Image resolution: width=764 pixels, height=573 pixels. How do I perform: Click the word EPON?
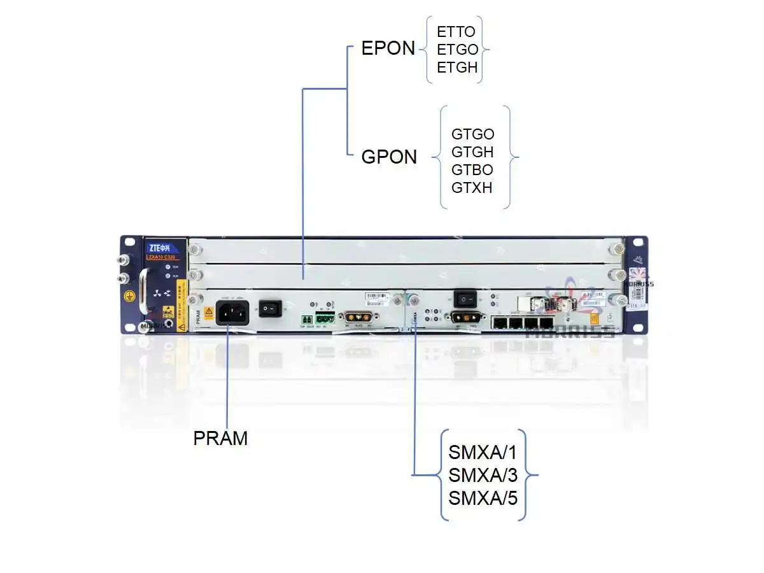click(388, 48)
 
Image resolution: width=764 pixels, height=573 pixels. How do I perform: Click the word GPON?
click(389, 157)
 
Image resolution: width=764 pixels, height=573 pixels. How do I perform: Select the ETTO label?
click(456, 32)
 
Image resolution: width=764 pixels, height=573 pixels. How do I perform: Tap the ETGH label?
click(457, 67)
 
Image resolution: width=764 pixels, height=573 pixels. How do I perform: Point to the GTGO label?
click(472, 134)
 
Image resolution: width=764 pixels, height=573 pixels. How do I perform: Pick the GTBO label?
click(472, 170)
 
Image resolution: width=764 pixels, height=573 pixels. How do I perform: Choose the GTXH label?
click(472, 188)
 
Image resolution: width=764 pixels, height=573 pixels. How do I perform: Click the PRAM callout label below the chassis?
click(220, 439)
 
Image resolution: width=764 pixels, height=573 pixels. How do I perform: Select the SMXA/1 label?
click(483, 453)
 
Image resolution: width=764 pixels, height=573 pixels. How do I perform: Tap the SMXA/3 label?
click(483, 475)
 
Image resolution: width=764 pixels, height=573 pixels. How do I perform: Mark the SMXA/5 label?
click(483, 497)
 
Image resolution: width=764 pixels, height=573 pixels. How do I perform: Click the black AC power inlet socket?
click(232, 313)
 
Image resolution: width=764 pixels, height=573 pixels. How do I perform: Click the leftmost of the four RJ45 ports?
click(499, 323)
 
